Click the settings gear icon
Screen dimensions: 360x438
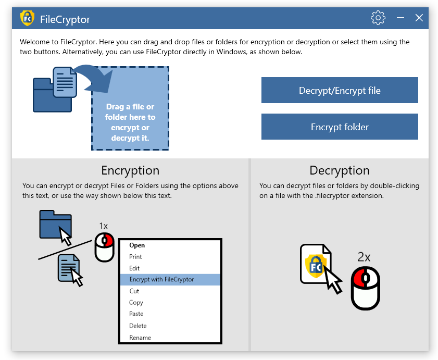pos(378,18)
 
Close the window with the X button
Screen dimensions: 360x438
pos(419,18)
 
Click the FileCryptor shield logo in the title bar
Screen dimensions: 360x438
pos(27,18)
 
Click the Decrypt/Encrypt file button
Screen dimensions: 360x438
pos(340,91)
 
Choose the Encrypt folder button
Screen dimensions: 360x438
pos(340,127)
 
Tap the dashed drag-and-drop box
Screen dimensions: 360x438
pos(130,108)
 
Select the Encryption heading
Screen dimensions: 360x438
pos(130,170)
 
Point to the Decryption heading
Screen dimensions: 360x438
pos(339,170)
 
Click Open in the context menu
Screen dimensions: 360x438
pos(137,245)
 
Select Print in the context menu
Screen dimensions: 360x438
pos(135,257)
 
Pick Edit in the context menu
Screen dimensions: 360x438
pos(134,268)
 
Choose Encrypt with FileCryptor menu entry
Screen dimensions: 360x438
pos(161,280)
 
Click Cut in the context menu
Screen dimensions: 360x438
pos(134,291)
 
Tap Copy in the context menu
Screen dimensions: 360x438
pos(136,303)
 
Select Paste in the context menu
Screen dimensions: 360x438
pos(136,314)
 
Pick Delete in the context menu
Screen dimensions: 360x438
pos(137,326)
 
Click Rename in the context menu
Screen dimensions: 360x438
pos(140,338)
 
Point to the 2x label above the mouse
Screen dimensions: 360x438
pos(364,256)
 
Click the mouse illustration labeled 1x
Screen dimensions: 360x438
pos(104,247)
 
